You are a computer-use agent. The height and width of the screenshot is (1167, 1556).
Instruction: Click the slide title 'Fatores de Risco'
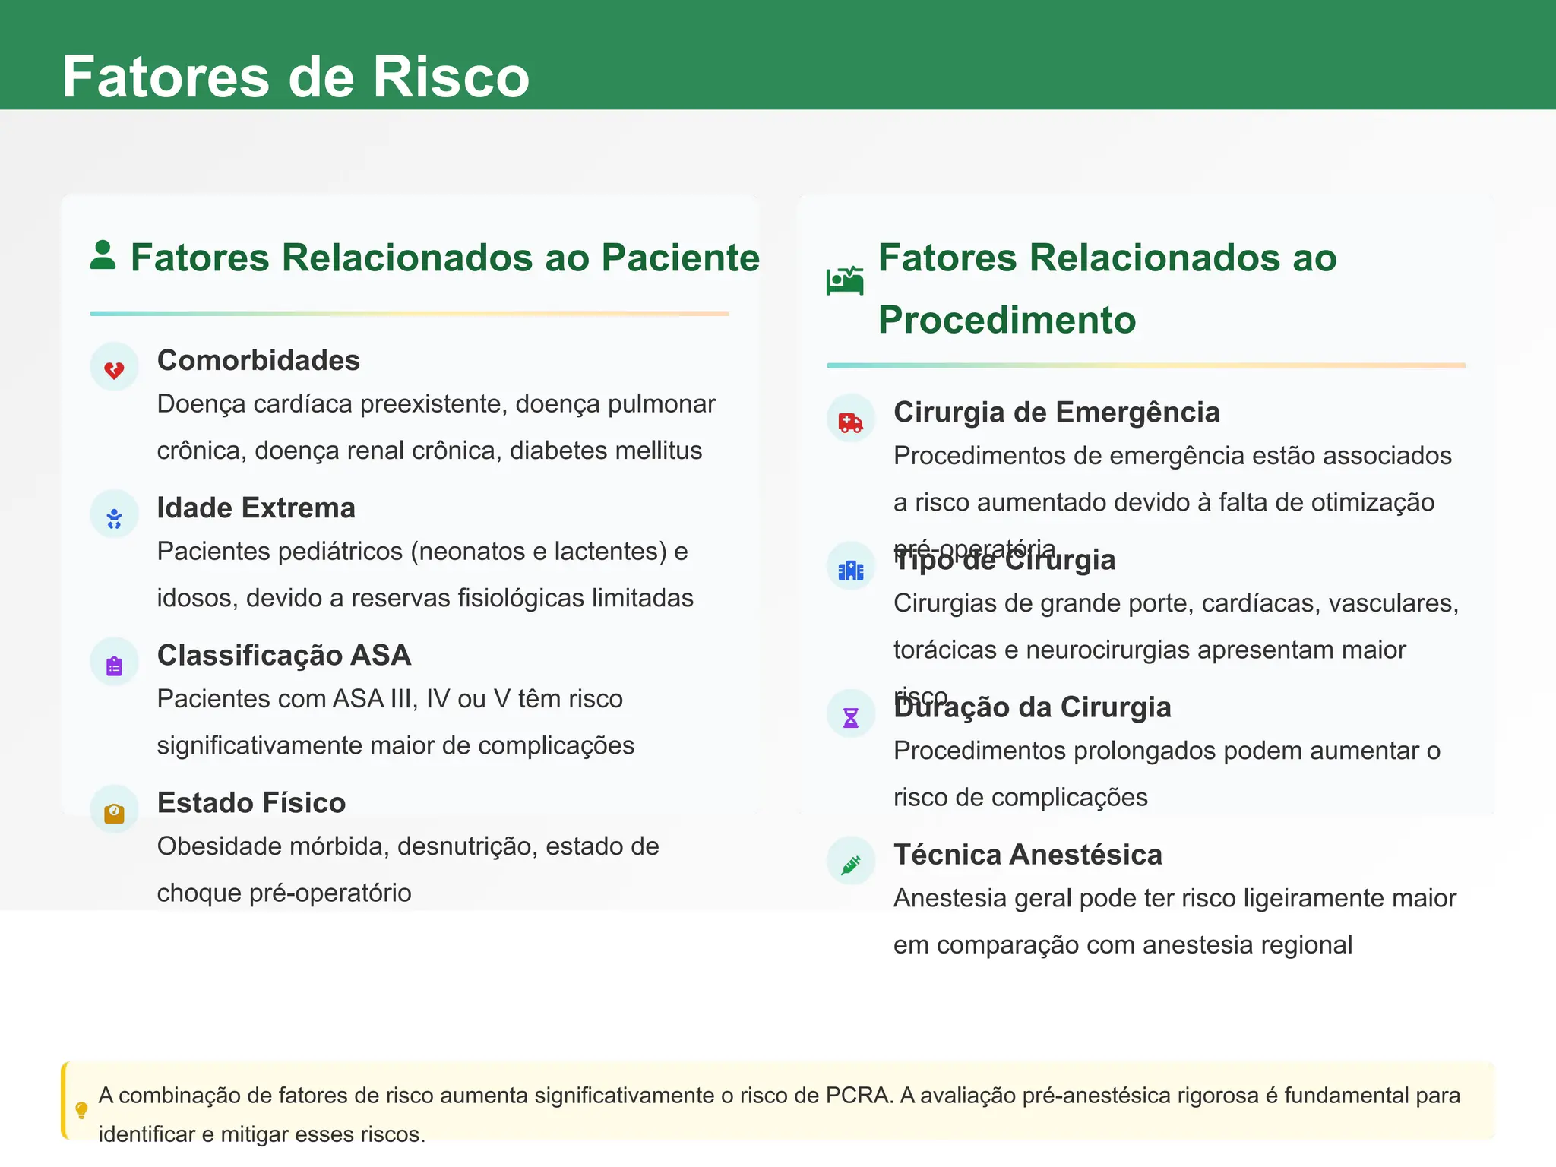296,77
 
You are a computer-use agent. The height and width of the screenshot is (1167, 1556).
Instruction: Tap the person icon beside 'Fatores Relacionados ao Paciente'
103,255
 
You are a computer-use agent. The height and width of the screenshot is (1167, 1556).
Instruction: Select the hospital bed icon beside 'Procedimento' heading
845,280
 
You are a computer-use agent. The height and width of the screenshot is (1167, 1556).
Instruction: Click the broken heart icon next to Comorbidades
114,370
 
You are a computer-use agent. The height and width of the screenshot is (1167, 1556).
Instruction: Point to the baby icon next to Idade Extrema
114,518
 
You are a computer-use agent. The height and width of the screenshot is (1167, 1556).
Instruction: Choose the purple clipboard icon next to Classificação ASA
114,666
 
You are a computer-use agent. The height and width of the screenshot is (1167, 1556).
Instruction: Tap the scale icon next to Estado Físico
114,813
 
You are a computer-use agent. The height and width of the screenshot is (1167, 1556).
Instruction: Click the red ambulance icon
850,422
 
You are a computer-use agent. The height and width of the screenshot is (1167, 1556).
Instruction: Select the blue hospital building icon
850,570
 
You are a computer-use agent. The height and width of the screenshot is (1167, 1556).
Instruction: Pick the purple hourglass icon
850,717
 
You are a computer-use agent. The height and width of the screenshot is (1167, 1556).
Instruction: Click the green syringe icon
850,865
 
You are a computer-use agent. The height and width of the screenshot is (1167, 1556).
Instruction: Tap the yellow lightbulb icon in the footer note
82,1110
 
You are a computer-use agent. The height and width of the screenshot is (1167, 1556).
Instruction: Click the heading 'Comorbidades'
258,360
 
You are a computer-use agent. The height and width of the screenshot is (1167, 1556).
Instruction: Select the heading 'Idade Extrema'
256,508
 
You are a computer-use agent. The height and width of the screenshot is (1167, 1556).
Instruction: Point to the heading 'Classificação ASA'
284,655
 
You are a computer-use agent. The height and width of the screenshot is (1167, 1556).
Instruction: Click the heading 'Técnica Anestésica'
1027,855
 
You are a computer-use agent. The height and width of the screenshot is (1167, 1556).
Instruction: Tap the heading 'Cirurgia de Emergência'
1056,412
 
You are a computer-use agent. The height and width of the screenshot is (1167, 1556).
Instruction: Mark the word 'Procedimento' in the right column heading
1007,320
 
